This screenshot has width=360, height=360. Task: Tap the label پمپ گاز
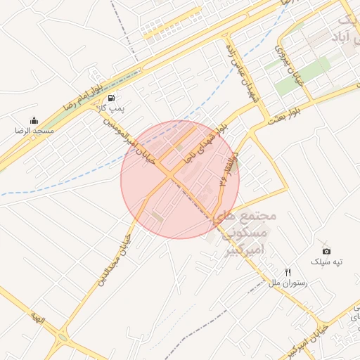111,108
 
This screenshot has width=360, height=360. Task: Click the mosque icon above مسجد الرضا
34,120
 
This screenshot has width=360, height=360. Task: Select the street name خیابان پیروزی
290,67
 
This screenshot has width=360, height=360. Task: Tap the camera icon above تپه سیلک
326,251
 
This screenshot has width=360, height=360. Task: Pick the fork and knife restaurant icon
287,272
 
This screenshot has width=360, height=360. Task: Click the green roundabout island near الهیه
62,337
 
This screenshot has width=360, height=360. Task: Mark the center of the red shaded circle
180,179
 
